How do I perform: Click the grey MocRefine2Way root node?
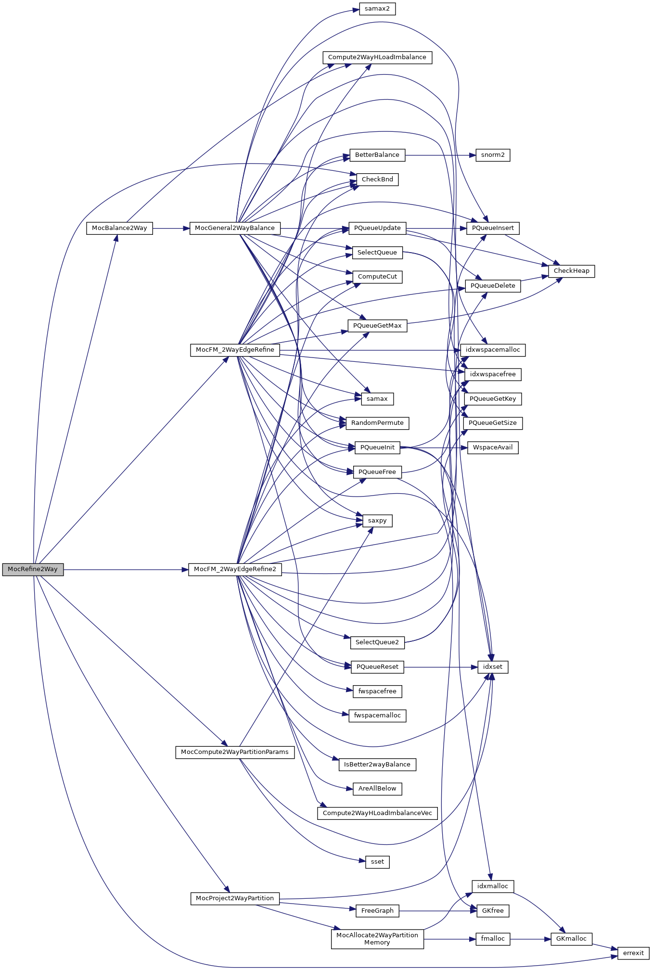pyautogui.click(x=33, y=569)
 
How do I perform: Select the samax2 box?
pyautogui.click(x=377, y=9)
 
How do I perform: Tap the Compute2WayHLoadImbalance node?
pyautogui.click(x=377, y=57)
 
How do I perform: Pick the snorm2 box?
pyautogui.click(x=493, y=155)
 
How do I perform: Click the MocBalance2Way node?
pyautogui.click(x=119, y=228)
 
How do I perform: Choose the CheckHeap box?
pyautogui.click(x=571, y=271)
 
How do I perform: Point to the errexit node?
pyautogui.click(x=633, y=953)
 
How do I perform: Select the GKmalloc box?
pyautogui.click(x=571, y=939)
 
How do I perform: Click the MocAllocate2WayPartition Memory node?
pyautogui.click(x=377, y=939)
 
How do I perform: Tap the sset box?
pyautogui.click(x=377, y=862)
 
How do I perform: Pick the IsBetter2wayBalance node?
pyautogui.click(x=377, y=765)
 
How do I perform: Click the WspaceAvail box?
pyautogui.click(x=493, y=447)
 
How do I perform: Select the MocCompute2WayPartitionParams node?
pyautogui.click(x=235, y=752)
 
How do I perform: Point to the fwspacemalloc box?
pyautogui.click(x=377, y=715)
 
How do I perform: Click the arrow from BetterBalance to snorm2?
pyautogui.click(x=440, y=155)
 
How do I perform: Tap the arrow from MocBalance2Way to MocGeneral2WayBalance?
pyautogui.click(x=171, y=228)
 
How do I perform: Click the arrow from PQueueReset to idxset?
pyautogui.click(x=440, y=667)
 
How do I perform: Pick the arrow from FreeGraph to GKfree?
pyautogui.click(x=438, y=911)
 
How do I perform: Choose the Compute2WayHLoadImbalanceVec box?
pyautogui.click(x=377, y=813)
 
